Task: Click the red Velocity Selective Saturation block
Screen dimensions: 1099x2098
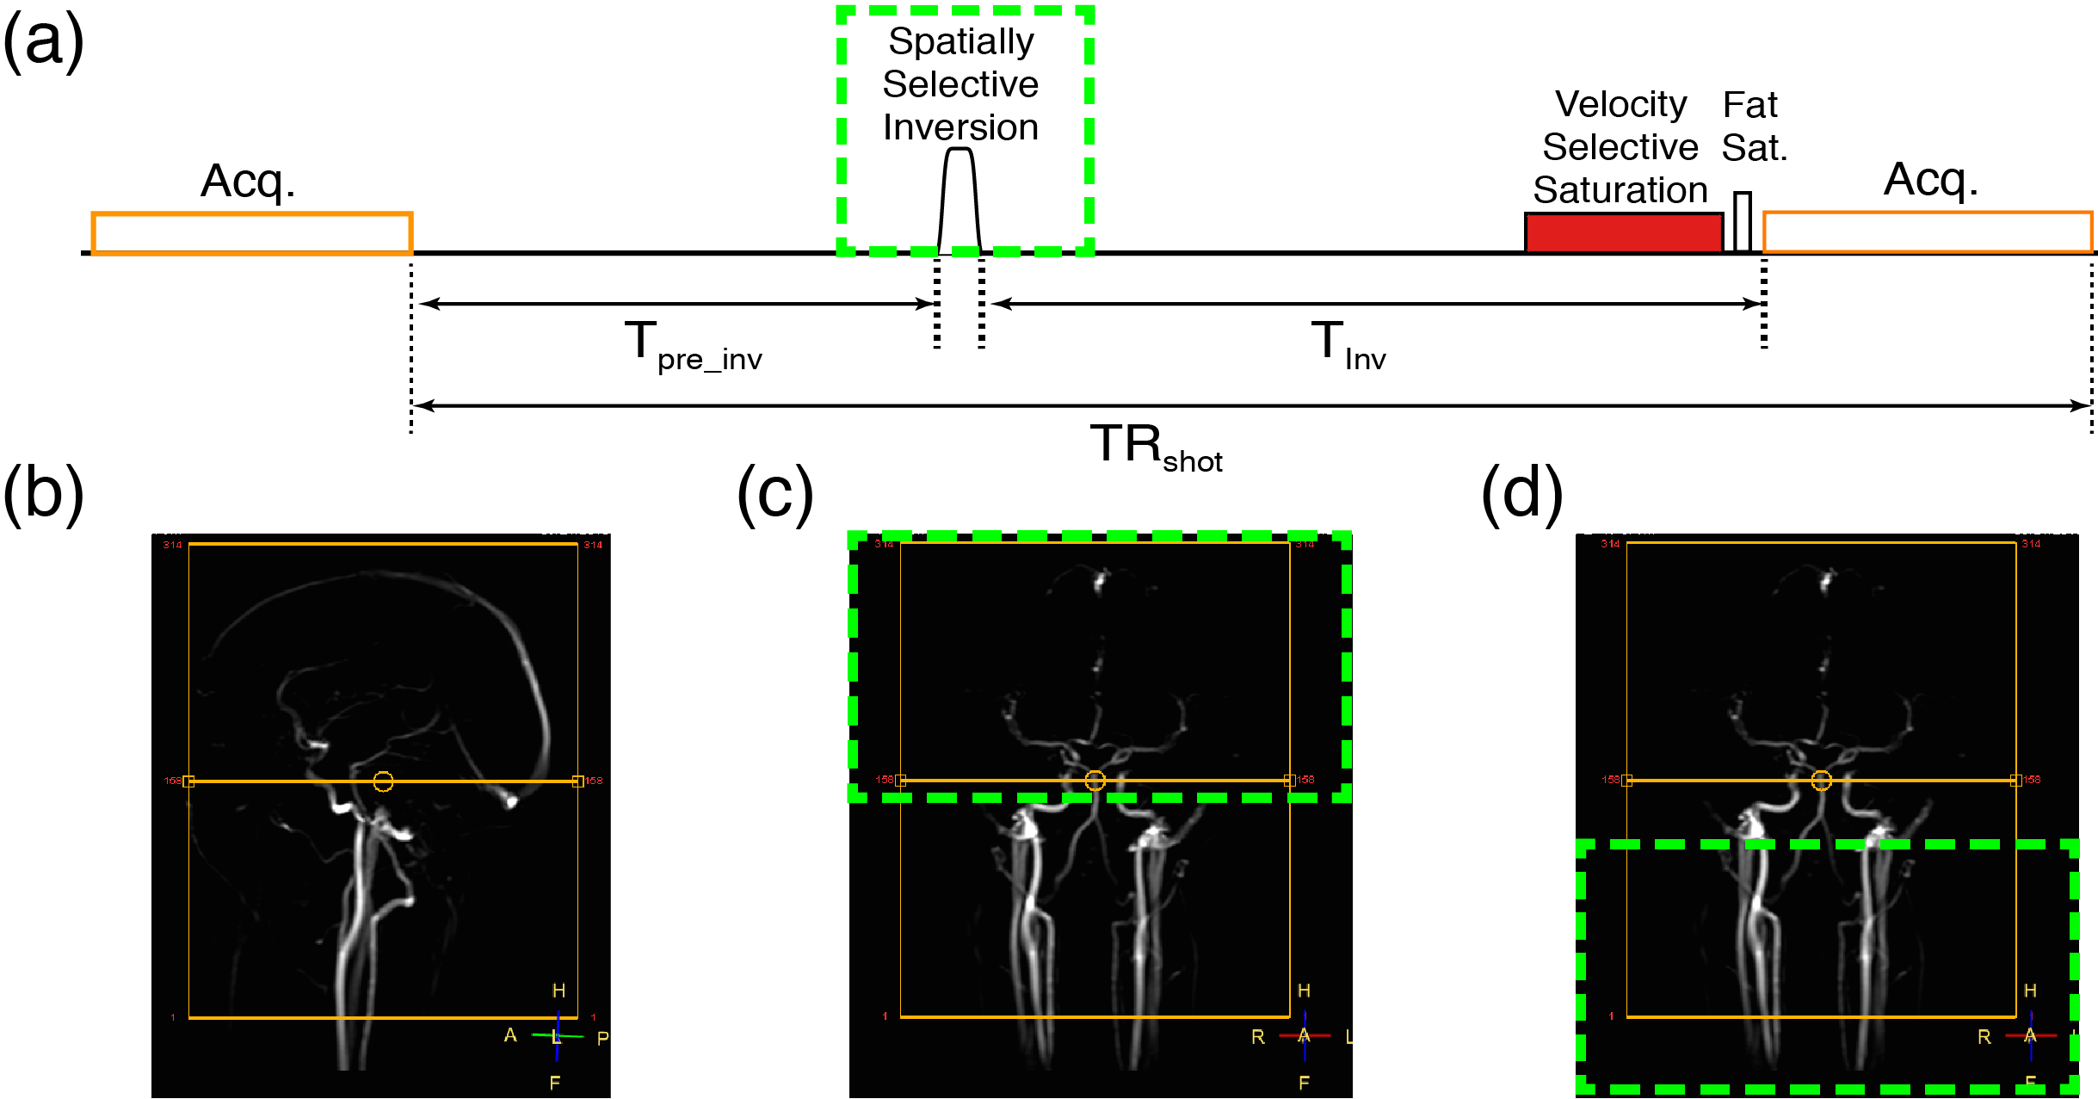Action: [1623, 232]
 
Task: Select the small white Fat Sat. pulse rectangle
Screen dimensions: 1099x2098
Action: [1743, 221]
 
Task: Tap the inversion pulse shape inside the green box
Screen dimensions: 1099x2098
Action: [960, 202]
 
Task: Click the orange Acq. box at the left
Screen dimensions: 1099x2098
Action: [251, 233]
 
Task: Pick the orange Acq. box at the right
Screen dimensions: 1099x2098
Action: [1928, 232]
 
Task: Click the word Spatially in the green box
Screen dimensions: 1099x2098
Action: [961, 41]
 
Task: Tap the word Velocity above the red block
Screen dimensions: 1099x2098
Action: [1620, 104]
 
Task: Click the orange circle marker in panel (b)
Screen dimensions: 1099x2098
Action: [383, 781]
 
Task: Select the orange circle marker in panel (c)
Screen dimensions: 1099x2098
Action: [1095, 781]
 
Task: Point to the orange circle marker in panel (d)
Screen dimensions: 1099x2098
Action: [1821, 781]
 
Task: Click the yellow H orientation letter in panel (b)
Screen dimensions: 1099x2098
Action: [558, 991]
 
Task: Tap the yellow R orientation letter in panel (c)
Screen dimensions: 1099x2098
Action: [1258, 1037]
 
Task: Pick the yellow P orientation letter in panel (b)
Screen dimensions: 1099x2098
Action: [602, 1039]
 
